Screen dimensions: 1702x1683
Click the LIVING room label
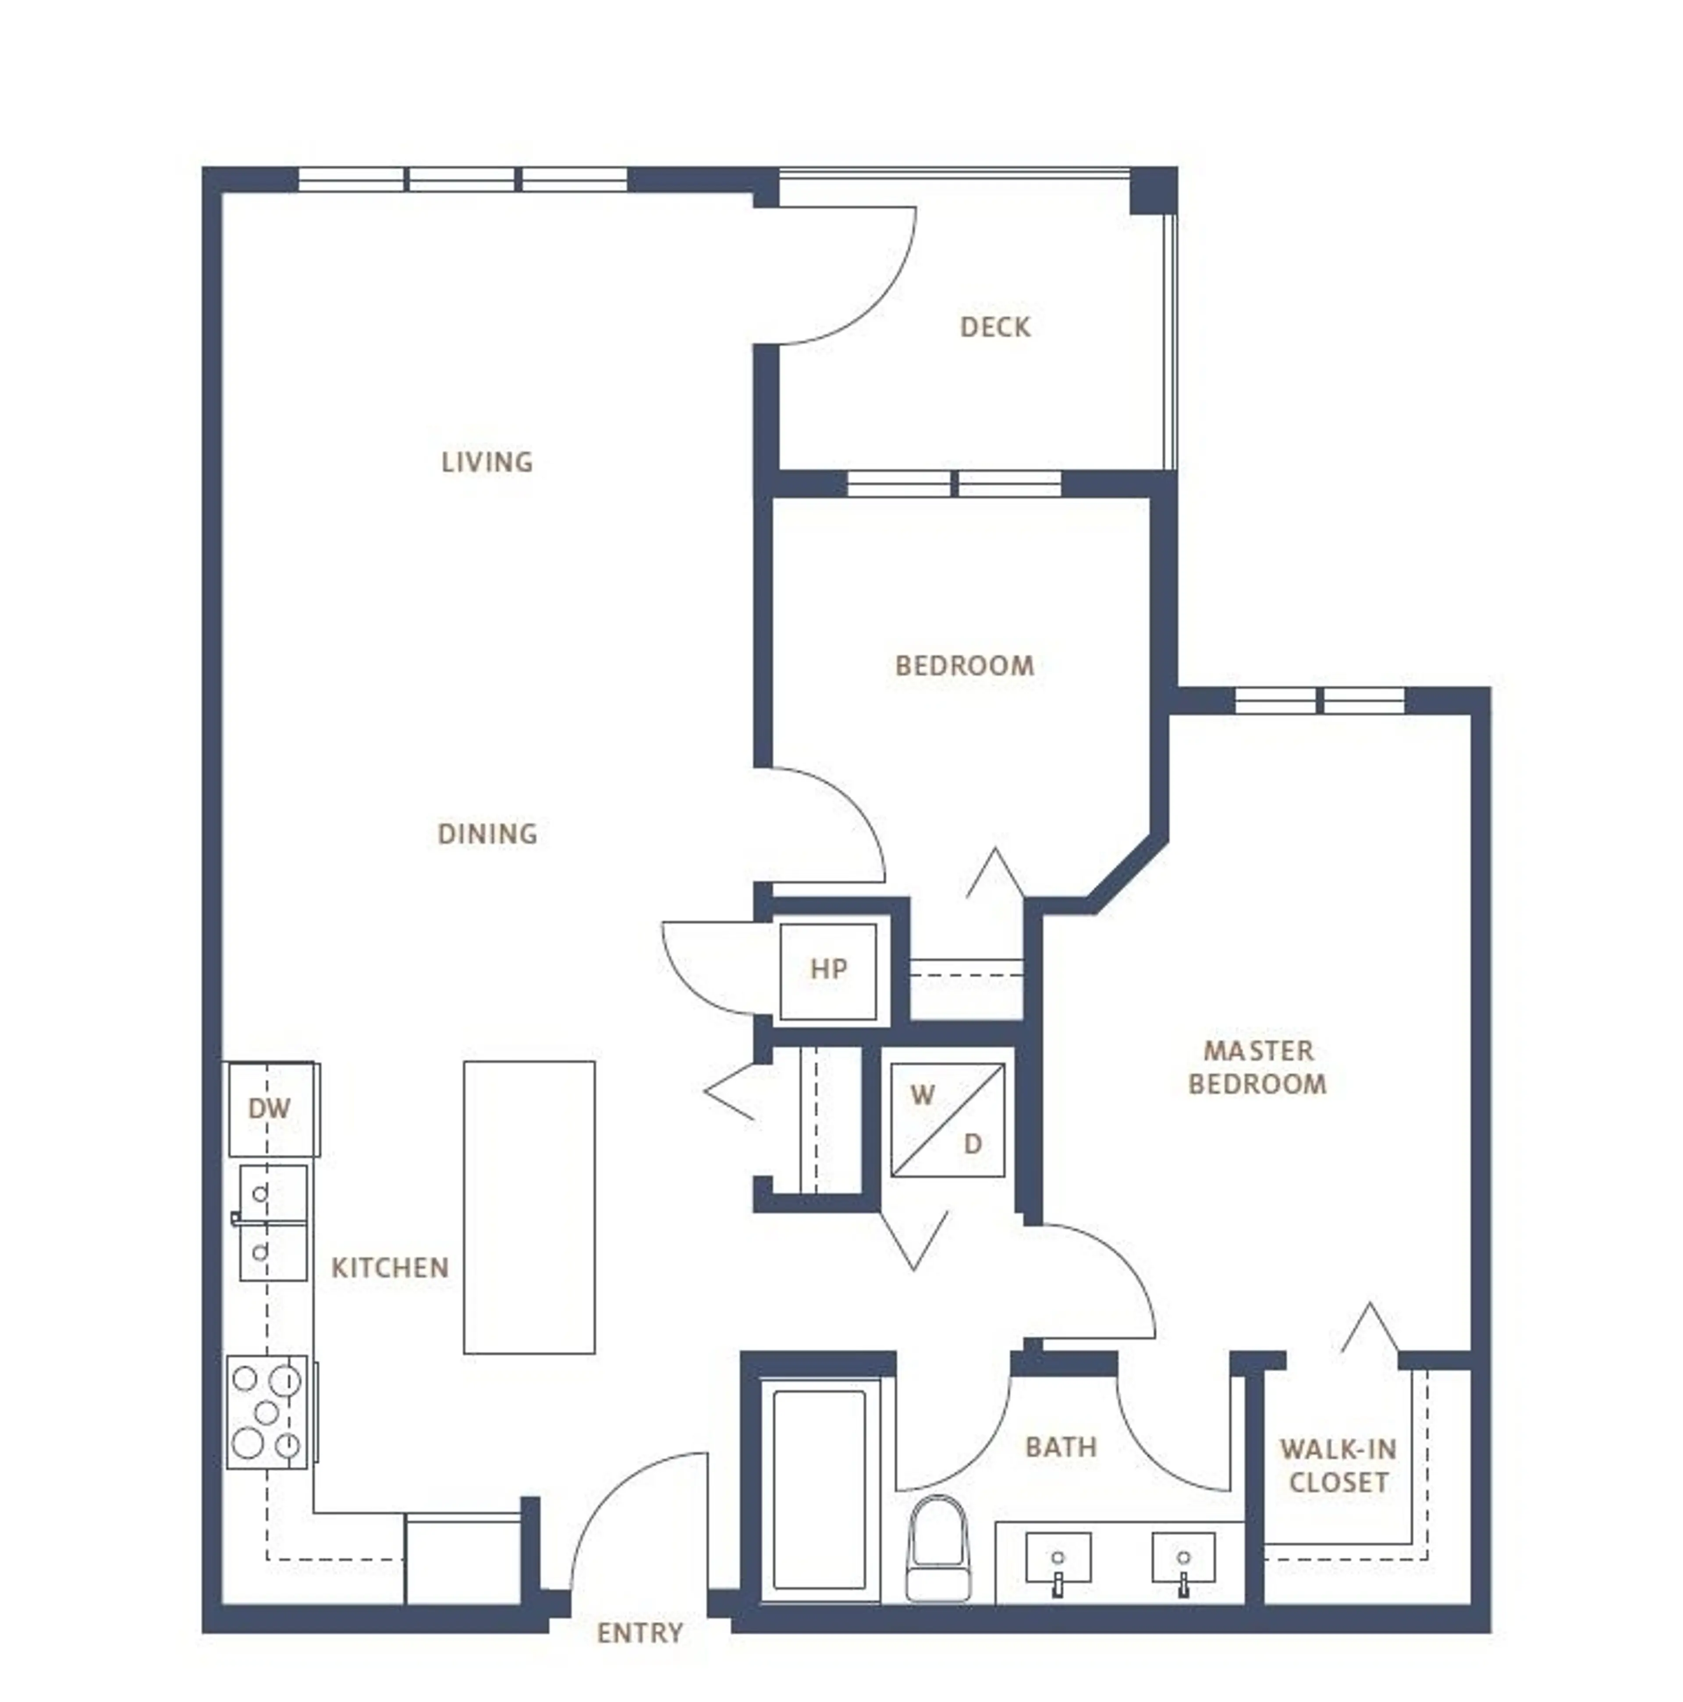[x=486, y=462]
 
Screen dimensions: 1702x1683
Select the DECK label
[x=995, y=327]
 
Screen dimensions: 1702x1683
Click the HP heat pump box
[x=827, y=970]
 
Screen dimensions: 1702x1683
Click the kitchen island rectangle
[x=529, y=1207]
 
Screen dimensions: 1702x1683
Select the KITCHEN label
[x=390, y=1268]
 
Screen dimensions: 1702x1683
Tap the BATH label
[x=1060, y=1447]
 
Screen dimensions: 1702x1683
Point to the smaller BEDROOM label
[x=964, y=665]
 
